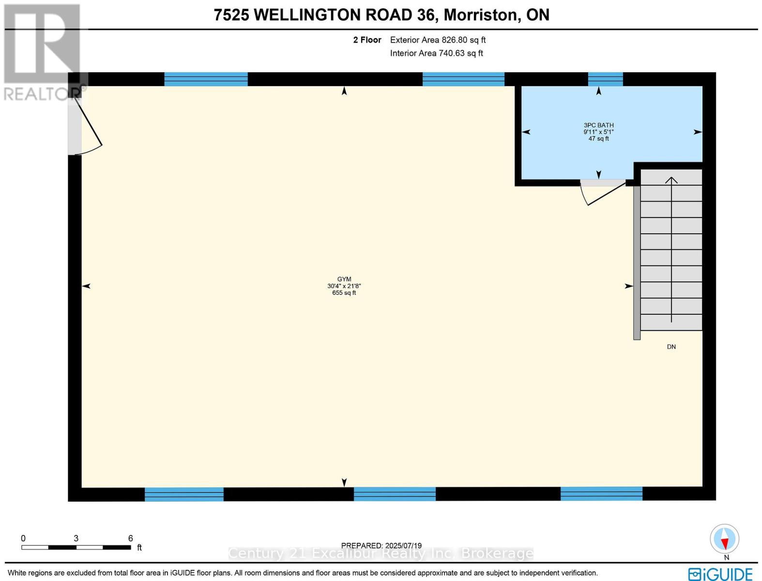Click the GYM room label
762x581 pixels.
[x=344, y=279]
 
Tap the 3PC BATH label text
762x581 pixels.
[x=598, y=125]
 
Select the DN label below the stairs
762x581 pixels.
[x=671, y=347]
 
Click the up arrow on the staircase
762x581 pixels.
[x=671, y=180]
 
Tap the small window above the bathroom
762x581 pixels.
[x=605, y=79]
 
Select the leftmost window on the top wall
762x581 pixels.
[x=206, y=79]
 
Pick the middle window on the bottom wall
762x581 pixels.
[x=395, y=494]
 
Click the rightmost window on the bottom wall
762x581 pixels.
[x=601, y=494]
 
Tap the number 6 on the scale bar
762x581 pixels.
[x=130, y=538]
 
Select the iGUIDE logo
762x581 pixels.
[x=720, y=574]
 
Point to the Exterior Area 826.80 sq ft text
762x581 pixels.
[x=438, y=40]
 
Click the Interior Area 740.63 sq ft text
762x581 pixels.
[x=436, y=53]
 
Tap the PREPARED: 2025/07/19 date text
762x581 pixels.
[x=381, y=545]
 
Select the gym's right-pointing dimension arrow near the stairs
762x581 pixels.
[x=628, y=286]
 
